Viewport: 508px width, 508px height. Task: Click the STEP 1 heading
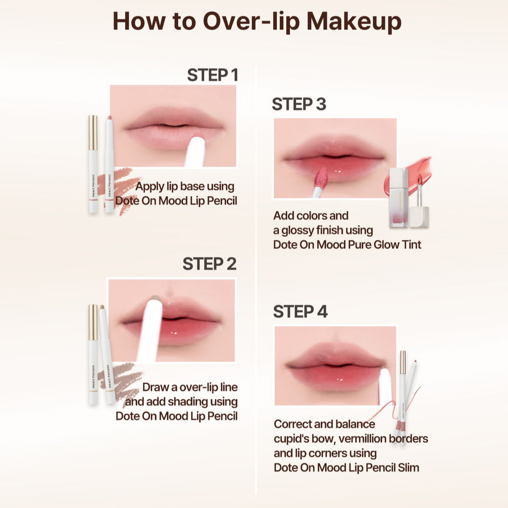click(212, 75)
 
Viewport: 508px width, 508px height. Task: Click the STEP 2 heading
click(209, 264)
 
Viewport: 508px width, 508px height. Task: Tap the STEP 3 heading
click(299, 104)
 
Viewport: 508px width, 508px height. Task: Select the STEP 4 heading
click(300, 311)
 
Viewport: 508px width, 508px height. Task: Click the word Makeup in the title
click(354, 21)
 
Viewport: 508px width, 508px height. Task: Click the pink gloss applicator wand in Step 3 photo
click(320, 181)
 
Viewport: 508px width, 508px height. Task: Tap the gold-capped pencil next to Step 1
click(93, 164)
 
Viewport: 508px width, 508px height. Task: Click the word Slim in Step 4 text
click(408, 467)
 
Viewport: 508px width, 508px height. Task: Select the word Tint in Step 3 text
click(411, 244)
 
